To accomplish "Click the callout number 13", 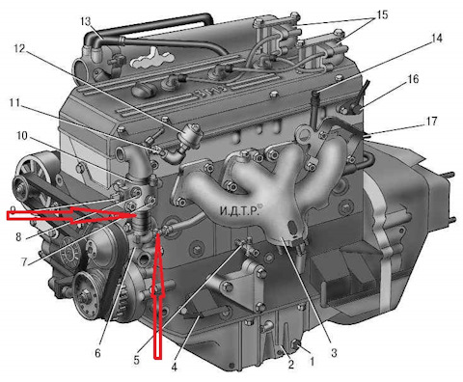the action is point(86,21).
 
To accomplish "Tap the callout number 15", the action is point(382,14).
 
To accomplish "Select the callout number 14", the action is point(436,39).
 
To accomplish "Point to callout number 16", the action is point(413,79).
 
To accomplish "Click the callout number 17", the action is point(431,122).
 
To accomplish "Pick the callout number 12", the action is point(19,48).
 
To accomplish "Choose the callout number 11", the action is point(14,103).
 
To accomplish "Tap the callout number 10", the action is point(22,135).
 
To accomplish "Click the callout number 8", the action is point(18,237).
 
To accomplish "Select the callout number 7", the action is point(24,262).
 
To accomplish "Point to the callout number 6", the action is point(97,353).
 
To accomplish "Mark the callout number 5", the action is point(136,360).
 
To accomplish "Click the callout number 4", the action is point(174,367).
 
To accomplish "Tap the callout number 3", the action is point(334,352).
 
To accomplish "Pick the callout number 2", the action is point(291,365).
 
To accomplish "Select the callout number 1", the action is point(312,361).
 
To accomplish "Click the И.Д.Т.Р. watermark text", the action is point(239,210).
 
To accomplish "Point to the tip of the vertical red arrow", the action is point(157,234).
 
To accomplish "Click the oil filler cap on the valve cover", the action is point(144,89).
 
